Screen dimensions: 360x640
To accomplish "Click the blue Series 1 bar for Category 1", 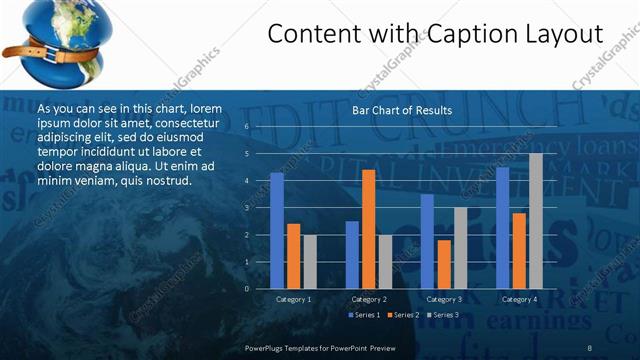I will point(277,230).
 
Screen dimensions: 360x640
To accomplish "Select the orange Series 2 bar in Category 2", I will point(368,229).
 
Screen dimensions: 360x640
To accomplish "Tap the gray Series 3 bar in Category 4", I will point(536,220).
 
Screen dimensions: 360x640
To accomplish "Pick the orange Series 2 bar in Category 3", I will point(443,264).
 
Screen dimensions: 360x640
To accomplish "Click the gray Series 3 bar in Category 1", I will point(309,261).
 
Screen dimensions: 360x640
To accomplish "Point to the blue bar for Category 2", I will point(352,254).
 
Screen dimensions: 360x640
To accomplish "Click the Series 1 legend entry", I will point(363,316).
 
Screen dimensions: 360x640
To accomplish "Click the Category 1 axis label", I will point(293,299).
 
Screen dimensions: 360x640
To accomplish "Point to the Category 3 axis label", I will point(443,299).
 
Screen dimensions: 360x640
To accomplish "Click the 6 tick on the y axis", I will point(246,127).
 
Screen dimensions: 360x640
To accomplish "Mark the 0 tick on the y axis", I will point(246,288).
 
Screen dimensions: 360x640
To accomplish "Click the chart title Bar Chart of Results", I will point(402,110).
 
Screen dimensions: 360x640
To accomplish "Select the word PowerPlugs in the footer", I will point(266,346).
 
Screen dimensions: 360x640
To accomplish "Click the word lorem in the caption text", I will point(206,107).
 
